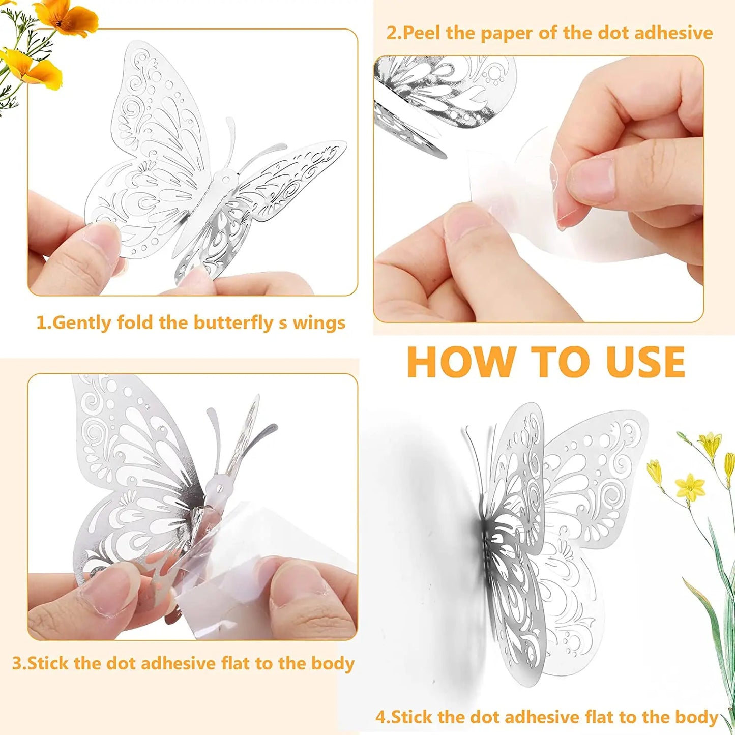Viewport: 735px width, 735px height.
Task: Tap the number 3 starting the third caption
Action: tap(17, 663)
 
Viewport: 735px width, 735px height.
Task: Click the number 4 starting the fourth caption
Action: tap(381, 717)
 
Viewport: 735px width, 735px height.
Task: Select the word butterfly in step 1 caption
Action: tap(233, 322)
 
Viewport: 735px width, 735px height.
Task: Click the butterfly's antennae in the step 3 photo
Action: tap(224, 432)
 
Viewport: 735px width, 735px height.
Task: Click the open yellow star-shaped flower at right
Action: tap(690, 487)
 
